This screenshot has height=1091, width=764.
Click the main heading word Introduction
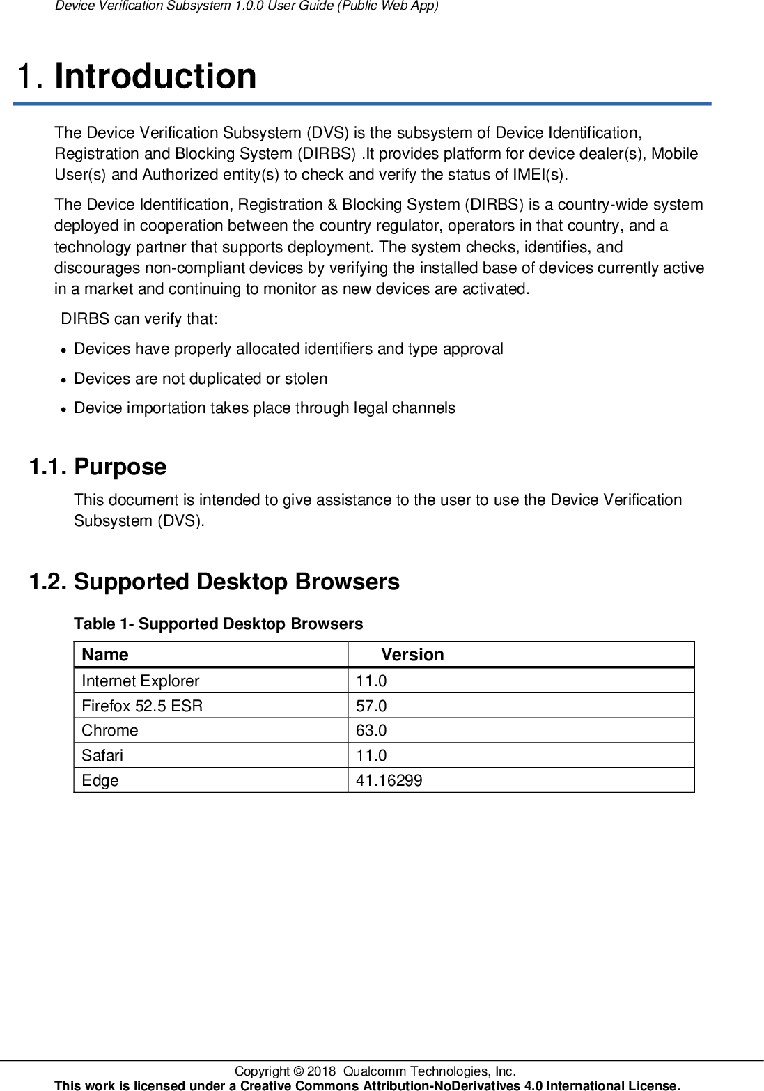pyautogui.click(x=155, y=76)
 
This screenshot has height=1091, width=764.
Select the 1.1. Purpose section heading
pyautogui.click(x=98, y=467)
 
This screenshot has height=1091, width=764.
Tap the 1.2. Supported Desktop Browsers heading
pyautogui.click(x=214, y=582)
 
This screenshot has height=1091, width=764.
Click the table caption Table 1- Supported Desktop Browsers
pyautogui.click(x=218, y=624)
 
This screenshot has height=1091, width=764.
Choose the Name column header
pyautogui.click(x=105, y=655)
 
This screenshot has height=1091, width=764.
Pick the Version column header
pyautogui.click(x=412, y=655)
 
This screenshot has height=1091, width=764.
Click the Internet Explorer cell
pyautogui.click(x=140, y=681)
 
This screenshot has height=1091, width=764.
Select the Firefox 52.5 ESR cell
pyautogui.click(x=142, y=706)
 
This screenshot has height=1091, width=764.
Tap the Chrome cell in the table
pyautogui.click(x=110, y=730)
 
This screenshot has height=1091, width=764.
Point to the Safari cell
pyautogui.click(x=102, y=755)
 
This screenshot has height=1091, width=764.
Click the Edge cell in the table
pyautogui.click(x=100, y=780)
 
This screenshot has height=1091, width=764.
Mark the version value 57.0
pyautogui.click(x=371, y=706)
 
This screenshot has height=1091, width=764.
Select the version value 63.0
pyautogui.click(x=371, y=730)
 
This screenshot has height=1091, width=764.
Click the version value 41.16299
pyautogui.click(x=389, y=780)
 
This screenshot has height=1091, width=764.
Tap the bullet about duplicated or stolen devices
pyautogui.click(x=201, y=378)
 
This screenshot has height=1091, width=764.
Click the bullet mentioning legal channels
pyautogui.click(x=265, y=408)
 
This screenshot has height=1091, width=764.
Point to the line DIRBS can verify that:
pyautogui.click(x=139, y=319)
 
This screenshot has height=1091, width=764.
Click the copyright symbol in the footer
pyautogui.click(x=298, y=1071)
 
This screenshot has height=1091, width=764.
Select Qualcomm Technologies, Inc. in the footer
pyautogui.click(x=429, y=1071)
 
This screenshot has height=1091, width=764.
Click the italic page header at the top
pyautogui.click(x=247, y=6)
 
